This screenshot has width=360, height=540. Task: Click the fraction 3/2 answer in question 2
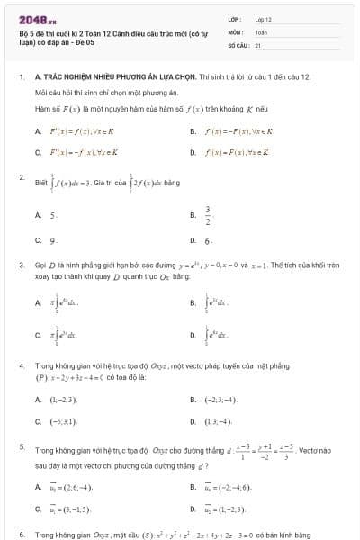208,216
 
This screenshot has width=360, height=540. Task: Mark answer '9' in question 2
54,241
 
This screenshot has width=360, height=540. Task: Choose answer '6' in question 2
208,241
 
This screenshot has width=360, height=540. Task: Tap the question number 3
21,265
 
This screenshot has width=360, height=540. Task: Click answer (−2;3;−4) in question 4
220,399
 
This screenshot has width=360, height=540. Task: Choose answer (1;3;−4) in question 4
220,420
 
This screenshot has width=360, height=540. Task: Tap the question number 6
21,535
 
